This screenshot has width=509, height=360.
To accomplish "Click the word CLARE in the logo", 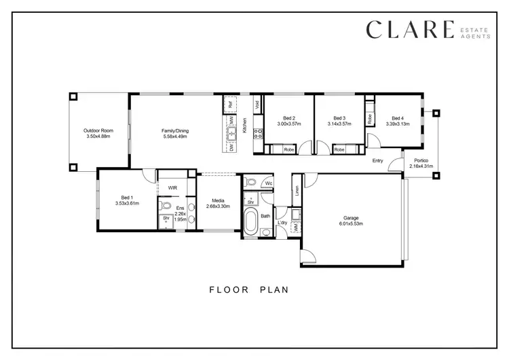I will (x=409, y=30).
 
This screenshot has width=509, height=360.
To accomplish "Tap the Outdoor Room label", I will (x=98, y=130).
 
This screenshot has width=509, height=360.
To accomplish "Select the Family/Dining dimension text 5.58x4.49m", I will (x=174, y=137).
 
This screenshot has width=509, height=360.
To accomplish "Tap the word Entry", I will (x=378, y=161).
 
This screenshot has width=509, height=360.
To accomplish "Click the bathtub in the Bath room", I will (x=250, y=221).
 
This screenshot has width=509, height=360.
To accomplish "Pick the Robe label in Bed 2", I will (x=288, y=149).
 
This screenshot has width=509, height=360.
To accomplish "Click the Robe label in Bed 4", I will (x=370, y=118).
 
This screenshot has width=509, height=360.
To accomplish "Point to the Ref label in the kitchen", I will (x=231, y=105).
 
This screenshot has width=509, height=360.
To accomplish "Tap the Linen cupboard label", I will (x=297, y=191).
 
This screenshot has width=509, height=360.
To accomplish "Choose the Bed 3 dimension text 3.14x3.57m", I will (x=339, y=124).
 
